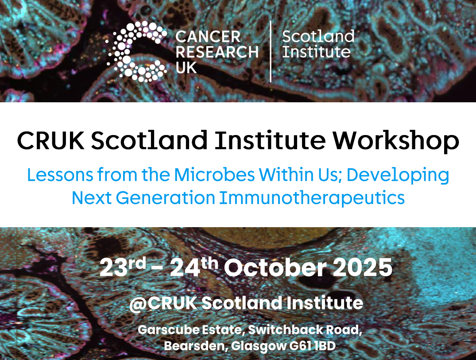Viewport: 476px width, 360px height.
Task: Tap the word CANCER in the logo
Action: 208,37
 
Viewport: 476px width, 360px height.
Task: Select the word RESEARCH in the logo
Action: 217,52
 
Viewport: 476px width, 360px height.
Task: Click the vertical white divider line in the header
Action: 271,52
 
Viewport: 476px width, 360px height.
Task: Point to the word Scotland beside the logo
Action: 318,36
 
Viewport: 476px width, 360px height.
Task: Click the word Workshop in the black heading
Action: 395,140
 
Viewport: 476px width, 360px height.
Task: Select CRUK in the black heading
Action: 50,140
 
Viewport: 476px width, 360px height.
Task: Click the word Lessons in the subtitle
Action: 60,175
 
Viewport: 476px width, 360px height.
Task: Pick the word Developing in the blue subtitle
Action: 398,175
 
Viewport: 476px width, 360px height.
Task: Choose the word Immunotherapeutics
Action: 312,198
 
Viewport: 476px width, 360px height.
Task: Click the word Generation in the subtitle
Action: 166,198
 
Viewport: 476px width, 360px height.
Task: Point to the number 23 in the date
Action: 113,268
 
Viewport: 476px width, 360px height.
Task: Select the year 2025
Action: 363,268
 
